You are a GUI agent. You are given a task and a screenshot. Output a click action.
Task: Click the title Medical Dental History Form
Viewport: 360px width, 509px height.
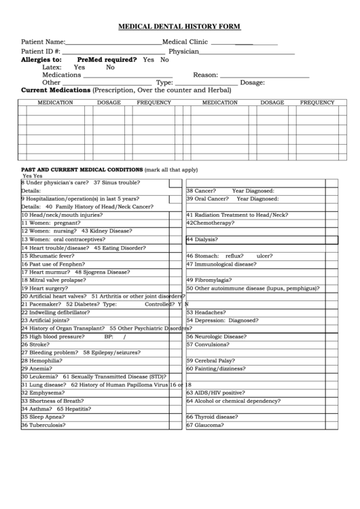pyautogui.click(x=179, y=27)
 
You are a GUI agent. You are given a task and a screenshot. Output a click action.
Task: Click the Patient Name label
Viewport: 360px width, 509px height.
pyautogui.click(x=43, y=41)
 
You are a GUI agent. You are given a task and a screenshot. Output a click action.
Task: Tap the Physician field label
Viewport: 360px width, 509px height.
pyautogui.click(x=183, y=51)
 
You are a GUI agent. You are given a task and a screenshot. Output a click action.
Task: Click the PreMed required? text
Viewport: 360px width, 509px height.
pyautogui.click(x=107, y=60)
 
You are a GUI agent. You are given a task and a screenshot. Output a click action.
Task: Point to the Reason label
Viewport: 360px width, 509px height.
pyautogui.click(x=205, y=75)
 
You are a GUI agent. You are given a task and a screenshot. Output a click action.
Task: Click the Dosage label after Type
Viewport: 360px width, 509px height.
pyautogui.click(x=252, y=82)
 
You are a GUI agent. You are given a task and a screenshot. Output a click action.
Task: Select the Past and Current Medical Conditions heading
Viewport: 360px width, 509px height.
pyautogui.click(x=82, y=169)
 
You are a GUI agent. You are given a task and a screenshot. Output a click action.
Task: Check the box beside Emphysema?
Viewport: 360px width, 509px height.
pyautogui.click(x=175, y=393)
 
